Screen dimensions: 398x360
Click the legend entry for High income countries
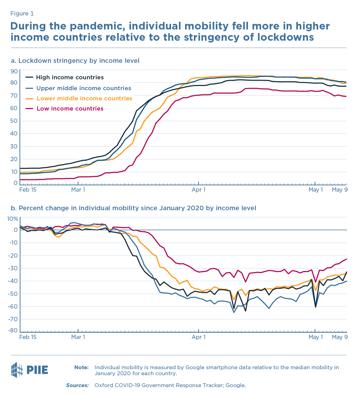pyautogui.click(x=70, y=78)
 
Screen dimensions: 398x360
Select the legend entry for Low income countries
pyautogui.click(x=70, y=108)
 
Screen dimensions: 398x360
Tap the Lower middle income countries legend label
pyautogui.click(x=84, y=98)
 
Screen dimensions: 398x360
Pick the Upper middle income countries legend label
pyautogui.click(x=84, y=88)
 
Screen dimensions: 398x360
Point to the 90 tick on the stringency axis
pyautogui.click(x=14, y=71)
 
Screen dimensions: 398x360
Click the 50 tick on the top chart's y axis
pyautogui.click(x=14, y=121)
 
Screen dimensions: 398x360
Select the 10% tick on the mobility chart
pyautogui.click(x=13, y=219)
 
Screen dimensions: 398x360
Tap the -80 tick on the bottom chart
pyautogui.click(x=13, y=331)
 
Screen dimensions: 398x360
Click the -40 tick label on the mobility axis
pyautogui.click(x=13, y=281)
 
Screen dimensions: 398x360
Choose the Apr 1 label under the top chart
pyautogui.click(x=199, y=190)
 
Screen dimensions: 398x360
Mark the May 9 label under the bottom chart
pyautogui.click(x=340, y=337)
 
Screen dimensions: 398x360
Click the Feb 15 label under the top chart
pyautogui.click(x=28, y=190)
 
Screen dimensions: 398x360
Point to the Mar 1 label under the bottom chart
pyautogui.click(x=78, y=337)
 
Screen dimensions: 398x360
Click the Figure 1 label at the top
pyautogui.click(x=22, y=14)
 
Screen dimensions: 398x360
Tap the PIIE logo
pyautogui.click(x=30, y=370)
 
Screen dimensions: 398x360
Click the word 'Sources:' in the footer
pyautogui.click(x=77, y=385)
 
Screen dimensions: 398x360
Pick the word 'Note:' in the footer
pyautogui.click(x=81, y=367)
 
